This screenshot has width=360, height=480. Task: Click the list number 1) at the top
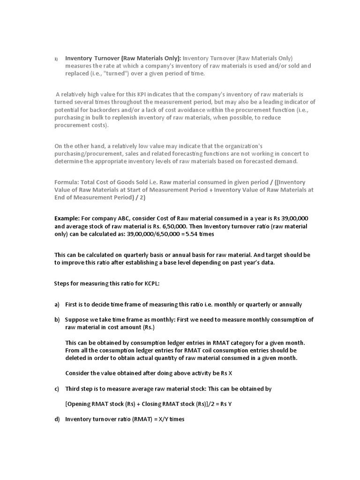(56, 59)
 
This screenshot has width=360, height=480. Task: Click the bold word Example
(67, 219)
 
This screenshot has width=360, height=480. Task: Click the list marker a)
(57, 304)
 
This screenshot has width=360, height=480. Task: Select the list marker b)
(57, 320)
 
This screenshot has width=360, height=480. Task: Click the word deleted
(76, 358)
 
